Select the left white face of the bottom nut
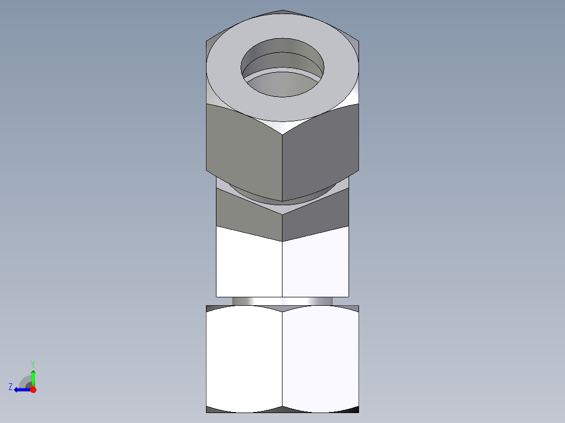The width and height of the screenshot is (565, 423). pos(244,359)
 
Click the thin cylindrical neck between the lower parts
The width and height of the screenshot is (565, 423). pos(282,301)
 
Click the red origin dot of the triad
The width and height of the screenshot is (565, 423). pos(33,389)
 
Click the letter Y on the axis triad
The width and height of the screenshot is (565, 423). pos(32,363)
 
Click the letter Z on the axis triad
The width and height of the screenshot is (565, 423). pos(10,387)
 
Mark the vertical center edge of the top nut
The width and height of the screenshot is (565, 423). pos(282,168)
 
